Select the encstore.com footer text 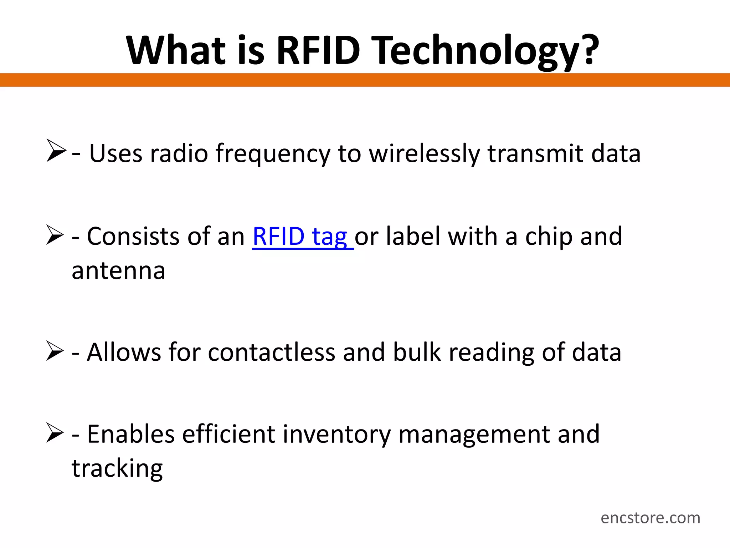650,518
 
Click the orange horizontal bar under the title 365,80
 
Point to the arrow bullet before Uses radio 56,151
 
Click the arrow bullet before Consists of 55,235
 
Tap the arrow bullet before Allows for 55,351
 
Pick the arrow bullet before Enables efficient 55,432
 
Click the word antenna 118,271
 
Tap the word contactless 271,352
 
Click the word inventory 336,435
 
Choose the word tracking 117,469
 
